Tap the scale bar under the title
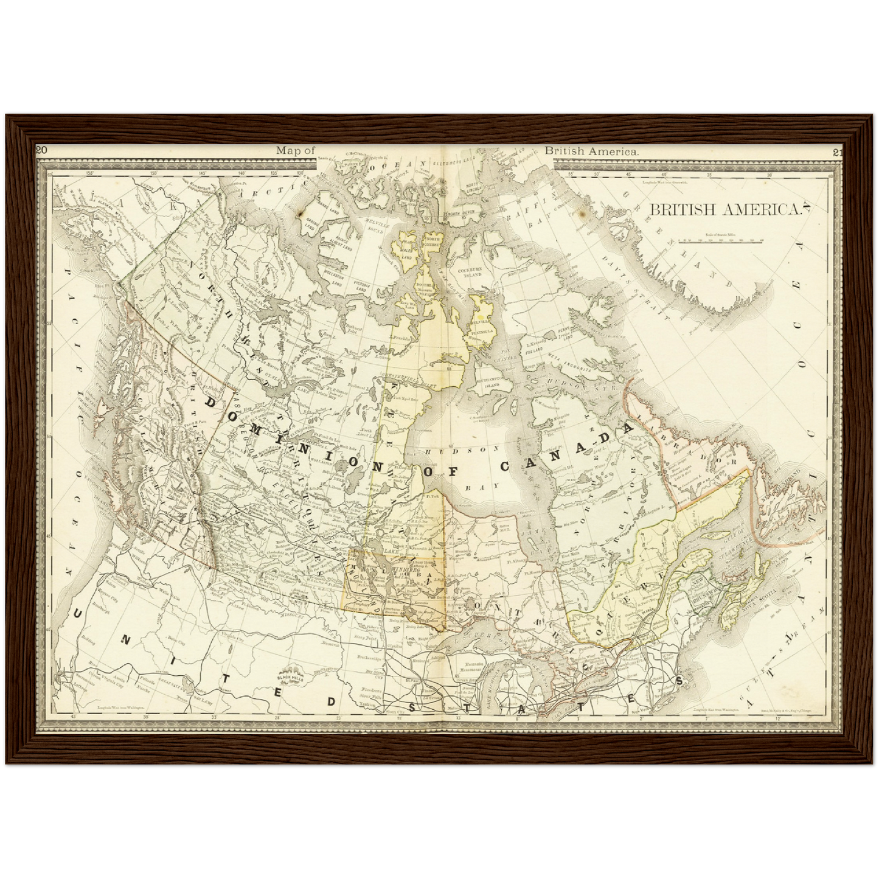720,241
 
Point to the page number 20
41,151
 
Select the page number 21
838,152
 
